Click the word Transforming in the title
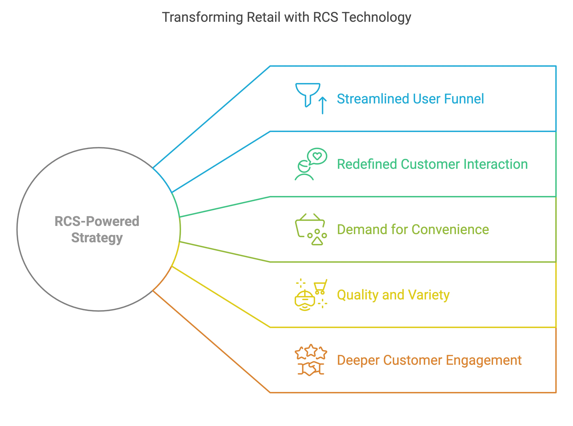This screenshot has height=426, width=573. [x=202, y=18]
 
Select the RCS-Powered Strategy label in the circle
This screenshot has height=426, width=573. [x=97, y=229]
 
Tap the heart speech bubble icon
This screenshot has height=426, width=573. [x=317, y=156]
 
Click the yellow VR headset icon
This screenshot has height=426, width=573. [x=305, y=301]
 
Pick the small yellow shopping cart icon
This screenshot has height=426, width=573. [x=320, y=286]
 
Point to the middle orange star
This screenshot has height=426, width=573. [x=311, y=350]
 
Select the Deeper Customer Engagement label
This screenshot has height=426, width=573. [x=429, y=360]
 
